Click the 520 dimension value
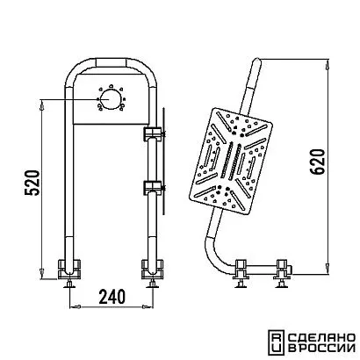pos(32,183)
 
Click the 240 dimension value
pos(112,296)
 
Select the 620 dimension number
pos(318,162)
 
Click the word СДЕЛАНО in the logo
pos(321,338)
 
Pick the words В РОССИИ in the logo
pos(321,349)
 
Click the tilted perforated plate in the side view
pos(231,161)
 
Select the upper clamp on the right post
pos(153,133)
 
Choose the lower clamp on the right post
pos(153,188)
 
